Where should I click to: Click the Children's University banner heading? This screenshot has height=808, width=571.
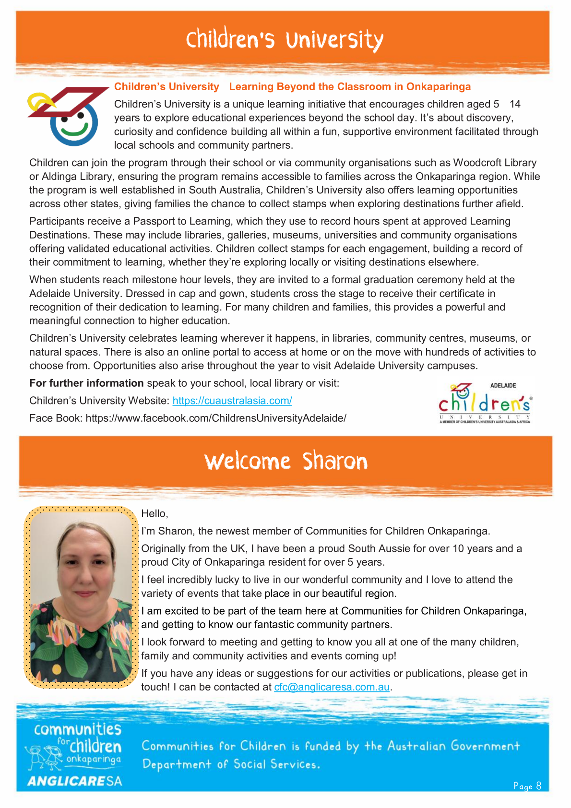(x=285, y=40)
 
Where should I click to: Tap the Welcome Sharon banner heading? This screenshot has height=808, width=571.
(x=286, y=462)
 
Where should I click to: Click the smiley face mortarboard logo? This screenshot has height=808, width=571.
(x=67, y=116)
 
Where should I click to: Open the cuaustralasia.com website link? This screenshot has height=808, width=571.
(x=232, y=401)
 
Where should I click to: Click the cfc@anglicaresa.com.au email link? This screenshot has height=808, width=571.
(x=332, y=687)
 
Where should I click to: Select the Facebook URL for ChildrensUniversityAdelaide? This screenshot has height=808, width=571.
(x=216, y=418)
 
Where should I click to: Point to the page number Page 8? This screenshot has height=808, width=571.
(x=527, y=786)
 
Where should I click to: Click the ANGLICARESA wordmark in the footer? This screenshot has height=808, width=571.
(x=74, y=781)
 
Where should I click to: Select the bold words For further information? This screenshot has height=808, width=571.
(x=86, y=383)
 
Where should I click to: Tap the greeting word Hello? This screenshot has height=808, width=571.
(x=154, y=514)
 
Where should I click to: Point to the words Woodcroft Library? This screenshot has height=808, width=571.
(x=495, y=163)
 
